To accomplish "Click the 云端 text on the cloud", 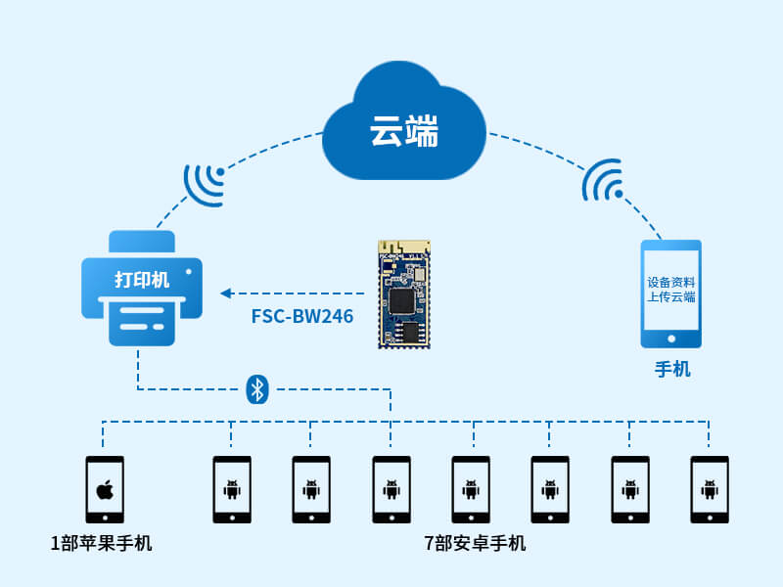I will coord(403,130).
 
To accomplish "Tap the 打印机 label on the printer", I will coord(142,281).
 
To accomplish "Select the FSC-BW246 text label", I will coord(302,317).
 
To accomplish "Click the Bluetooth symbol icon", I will coord(256,389).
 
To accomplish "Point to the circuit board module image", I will coord(404,293).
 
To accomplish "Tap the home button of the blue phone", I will coord(671,339).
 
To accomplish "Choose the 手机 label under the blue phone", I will coord(672,370).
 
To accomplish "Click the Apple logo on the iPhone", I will coord(104,488).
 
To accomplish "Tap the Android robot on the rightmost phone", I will coord(709,488).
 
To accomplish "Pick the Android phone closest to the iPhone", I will coord(232,489).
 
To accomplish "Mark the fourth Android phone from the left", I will coord(471,489).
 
